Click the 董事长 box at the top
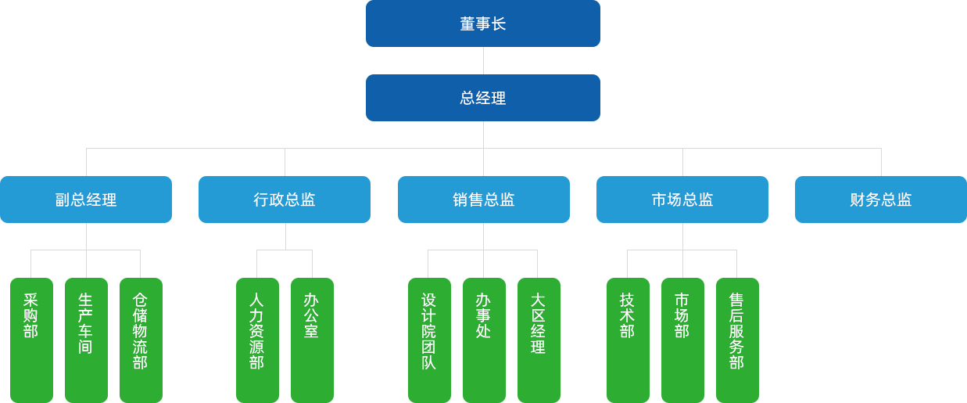[482, 23]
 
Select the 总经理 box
[482, 97]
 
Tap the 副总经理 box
[86, 199]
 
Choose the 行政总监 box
[284, 199]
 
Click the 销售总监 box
[483, 199]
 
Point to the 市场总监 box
[682, 199]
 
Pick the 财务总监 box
[880, 199]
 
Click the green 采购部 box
[31, 339]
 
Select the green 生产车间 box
[86, 339]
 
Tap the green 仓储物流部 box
[141, 339]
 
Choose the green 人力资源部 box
[257, 339]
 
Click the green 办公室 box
[312, 339]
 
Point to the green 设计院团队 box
[429, 339]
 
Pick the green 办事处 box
[484, 339]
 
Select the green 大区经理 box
[539, 339]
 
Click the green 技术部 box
[628, 339]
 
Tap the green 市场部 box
[682, 339]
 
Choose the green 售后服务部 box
[737, 339]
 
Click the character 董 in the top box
[467, 24]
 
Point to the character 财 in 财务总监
[858, 200]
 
